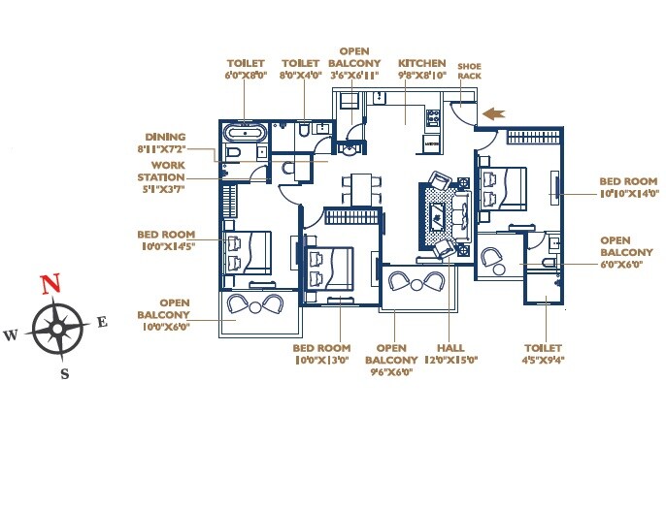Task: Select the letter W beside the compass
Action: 11,335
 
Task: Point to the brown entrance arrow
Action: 494,114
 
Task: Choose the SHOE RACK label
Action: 469,73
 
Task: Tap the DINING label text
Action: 165,138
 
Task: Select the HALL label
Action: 446,348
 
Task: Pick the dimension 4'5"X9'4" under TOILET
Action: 544,359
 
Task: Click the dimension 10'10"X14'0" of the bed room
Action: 628,194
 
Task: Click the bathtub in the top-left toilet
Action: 245,133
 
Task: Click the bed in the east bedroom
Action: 504,188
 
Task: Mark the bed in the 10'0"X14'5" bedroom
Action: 248,252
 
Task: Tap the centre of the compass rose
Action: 56,329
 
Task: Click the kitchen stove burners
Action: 433,121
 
